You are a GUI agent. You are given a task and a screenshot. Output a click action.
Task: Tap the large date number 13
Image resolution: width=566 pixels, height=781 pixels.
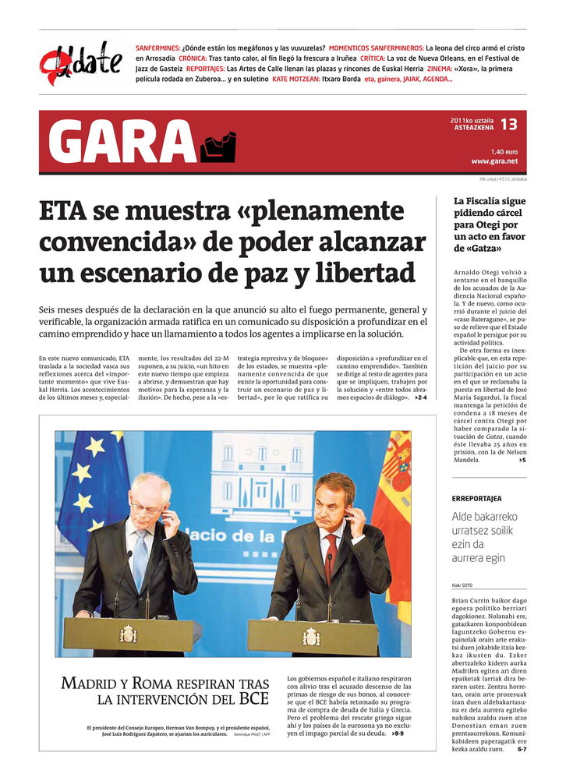pyautogui.click(x=508, y=124)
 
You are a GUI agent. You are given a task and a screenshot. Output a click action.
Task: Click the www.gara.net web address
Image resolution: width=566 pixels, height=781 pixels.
pyautogui.click(x=494, y=161)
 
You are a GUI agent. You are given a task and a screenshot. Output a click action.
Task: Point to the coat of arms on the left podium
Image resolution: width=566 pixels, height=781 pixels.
pyautogui.click(x=128, y=633)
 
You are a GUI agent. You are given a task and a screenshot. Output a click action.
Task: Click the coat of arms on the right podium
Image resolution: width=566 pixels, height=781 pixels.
pyautogui.click(x=311, y=636)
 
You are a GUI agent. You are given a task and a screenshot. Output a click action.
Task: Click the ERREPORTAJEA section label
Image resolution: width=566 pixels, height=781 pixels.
pyautogui.click(x=477, y=498)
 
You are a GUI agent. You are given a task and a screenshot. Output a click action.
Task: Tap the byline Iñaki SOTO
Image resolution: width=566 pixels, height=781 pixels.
pyautogui.click(x=462, y=585)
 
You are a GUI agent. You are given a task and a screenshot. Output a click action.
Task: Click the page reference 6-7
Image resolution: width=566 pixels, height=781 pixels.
pyautogui.click(x=522, y=749)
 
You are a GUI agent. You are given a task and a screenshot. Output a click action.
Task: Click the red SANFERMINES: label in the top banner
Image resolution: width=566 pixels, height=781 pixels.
pyautogui.click(x=158, y=48)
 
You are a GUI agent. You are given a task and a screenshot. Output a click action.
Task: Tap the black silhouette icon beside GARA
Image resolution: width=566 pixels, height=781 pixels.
pyautogui.click(x=218, y=147)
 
